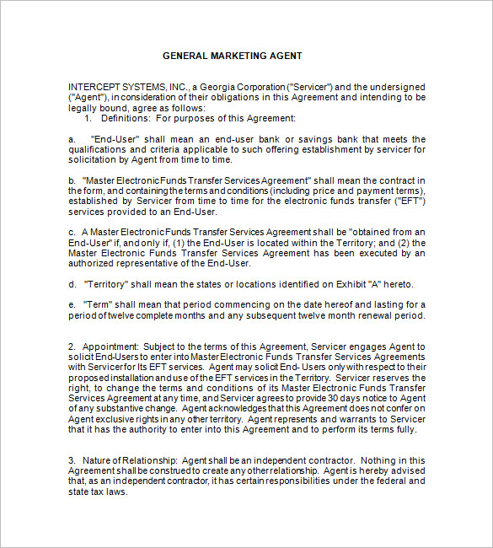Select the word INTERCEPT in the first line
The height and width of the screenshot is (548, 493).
click(x=94, y=87)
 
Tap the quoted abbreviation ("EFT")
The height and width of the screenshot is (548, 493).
click(x=410, y=201)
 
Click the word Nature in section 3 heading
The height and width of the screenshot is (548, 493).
click(x=94, y=459)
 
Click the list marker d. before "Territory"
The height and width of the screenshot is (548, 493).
click(x=73, y=283)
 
